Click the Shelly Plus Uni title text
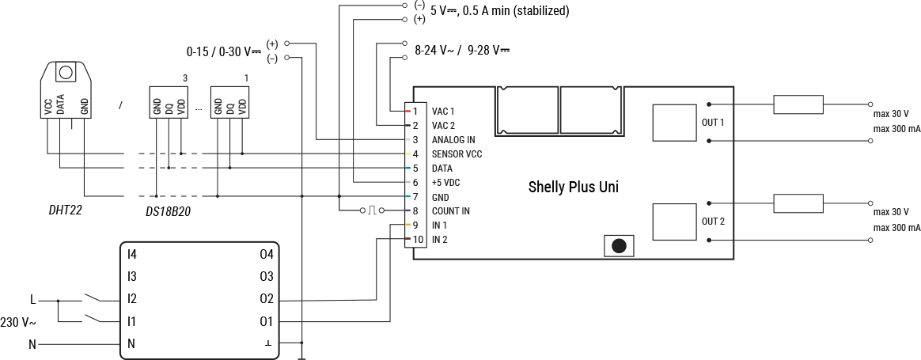573,188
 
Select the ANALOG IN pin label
453,139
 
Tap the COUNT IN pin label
450,211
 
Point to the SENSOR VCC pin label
457,153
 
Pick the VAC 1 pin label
443,111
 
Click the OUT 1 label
713,123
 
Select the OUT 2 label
713,222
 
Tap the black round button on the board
619,245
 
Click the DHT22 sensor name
65,211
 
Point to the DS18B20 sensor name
168,212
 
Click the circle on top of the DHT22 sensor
66,73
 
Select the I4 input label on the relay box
132,254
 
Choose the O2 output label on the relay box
266,299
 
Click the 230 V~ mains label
17,322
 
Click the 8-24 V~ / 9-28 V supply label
461,49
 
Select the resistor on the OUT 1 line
798,104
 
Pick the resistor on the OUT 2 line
798,203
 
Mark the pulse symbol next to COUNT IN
370,210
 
